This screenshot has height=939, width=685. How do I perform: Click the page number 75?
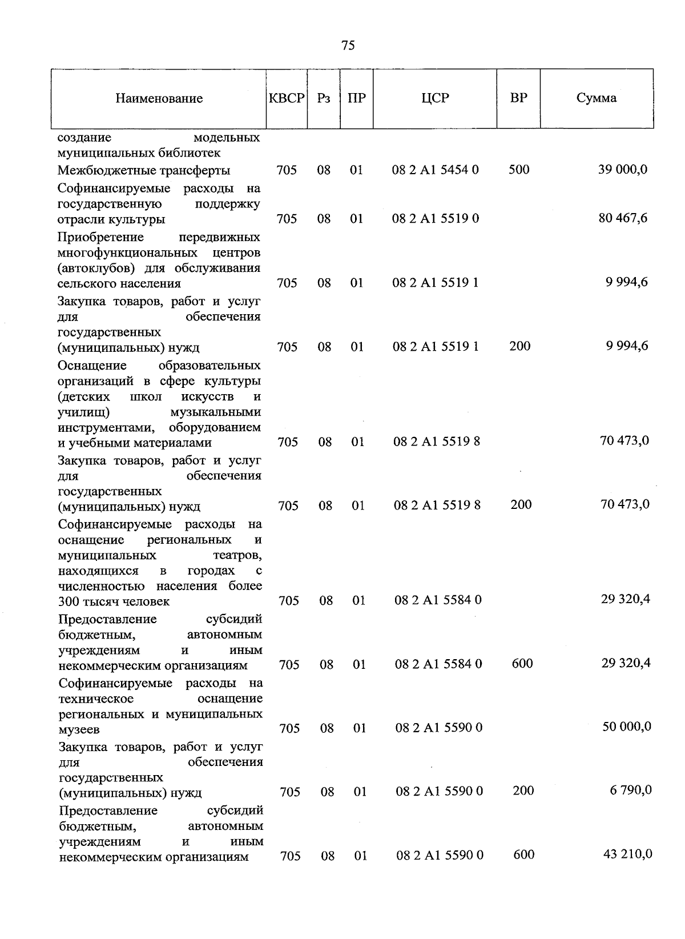pyautogui.click(x=348, y=46)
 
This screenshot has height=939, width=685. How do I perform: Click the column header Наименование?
pyautogui.click(x=159, y=99)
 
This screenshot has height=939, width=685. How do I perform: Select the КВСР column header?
pyautogui.click(x=287, y=98)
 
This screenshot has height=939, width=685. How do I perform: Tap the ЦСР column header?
pyautogui.click(x=435, y=98)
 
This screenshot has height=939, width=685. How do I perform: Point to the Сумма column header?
pyautogui.click(x=596, y=98)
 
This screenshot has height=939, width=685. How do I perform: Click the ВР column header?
pyautogui.click(x=518, y=98)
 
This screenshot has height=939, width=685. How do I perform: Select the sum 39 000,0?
pyautogui.click(x=623, y=170)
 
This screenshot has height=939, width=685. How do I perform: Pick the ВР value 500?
pyautogui.click(x=519, y=170)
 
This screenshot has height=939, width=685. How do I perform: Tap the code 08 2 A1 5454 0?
pyautogui.click(x=436, y=170)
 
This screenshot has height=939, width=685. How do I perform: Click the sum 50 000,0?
pyautogui.click(x=627, y=727)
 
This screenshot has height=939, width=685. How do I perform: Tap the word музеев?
pyautogui.click(x=79, y=730)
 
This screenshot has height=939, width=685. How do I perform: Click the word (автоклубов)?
pyautogui.click(x=89, y=268)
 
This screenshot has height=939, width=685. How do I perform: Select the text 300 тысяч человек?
pyautogui.click(x=114, y=601)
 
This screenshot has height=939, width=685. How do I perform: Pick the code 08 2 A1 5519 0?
pyautogui.click(x=436, y=218)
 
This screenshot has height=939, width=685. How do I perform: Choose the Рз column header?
pyautogui.click(x=324, y=98)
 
